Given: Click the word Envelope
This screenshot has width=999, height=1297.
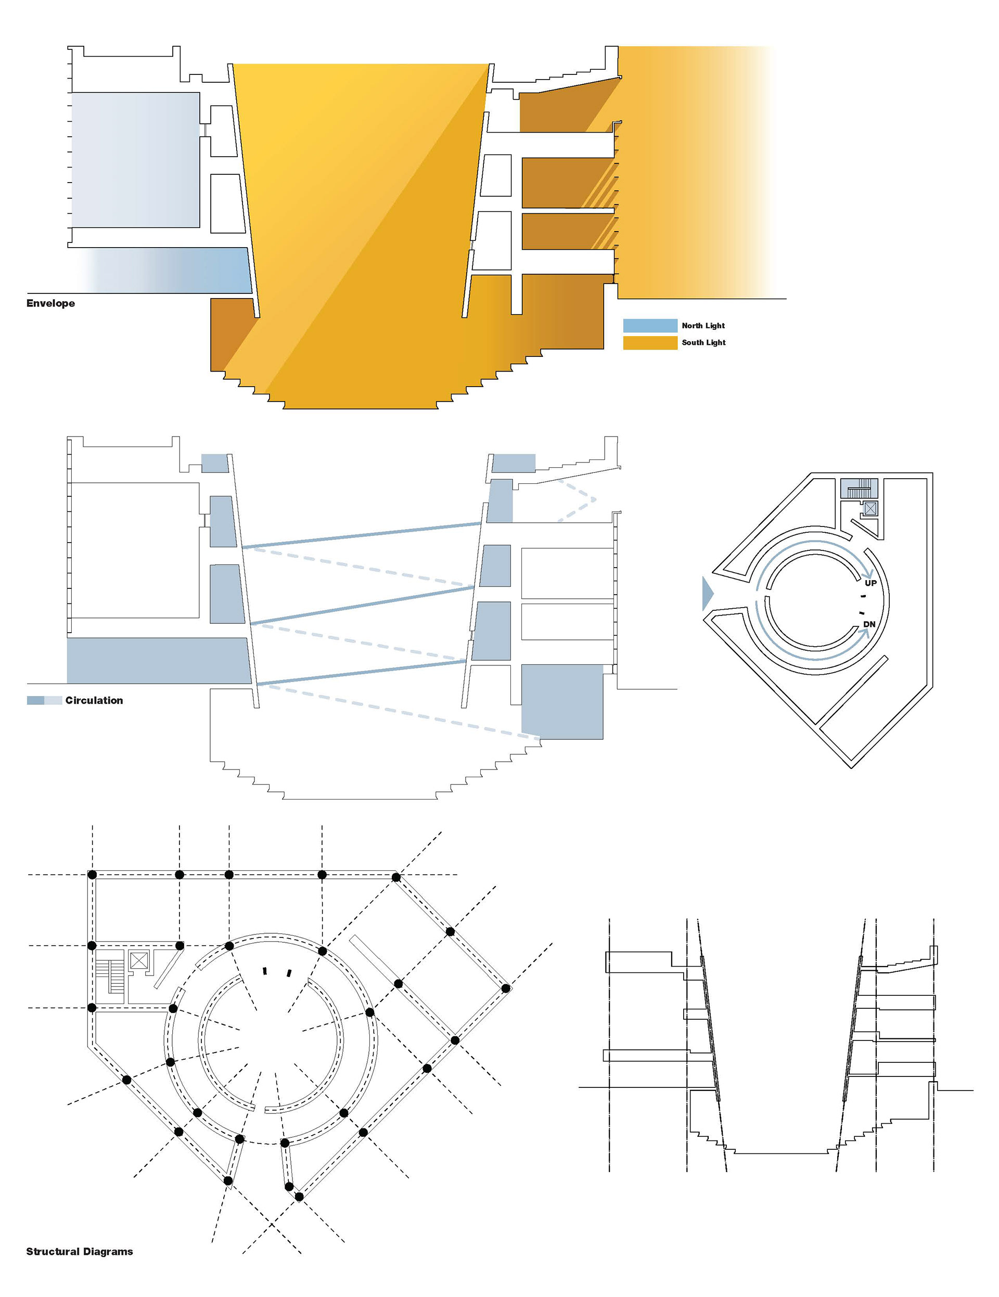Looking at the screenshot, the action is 50,303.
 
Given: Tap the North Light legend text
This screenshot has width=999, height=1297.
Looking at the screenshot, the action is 703,326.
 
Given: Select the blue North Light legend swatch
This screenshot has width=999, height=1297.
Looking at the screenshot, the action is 650,326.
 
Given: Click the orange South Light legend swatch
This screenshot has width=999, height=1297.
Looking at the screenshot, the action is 650,343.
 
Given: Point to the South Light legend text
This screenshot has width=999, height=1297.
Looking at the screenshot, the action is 704,343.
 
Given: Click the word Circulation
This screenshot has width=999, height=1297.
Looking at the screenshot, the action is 94,700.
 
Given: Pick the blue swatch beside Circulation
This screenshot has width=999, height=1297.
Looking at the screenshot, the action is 44,700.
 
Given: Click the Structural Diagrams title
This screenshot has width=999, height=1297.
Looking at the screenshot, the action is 80,1251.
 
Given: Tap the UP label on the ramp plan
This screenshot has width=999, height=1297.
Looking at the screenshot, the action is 870,583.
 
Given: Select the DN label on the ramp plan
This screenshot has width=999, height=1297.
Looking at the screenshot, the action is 869,624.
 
